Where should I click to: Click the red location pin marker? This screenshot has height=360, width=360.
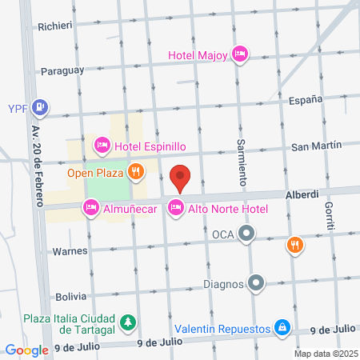[x=181, y=178]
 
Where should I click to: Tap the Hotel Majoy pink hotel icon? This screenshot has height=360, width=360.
[x=239, y=54]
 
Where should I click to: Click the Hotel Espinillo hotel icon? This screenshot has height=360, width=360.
[x=102, y=146]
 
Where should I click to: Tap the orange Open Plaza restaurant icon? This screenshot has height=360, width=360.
[x=137, y=170]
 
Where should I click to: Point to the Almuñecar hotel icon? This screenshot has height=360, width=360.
[x=90, y=209]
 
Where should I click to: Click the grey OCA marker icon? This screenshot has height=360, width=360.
[x=247, y=234]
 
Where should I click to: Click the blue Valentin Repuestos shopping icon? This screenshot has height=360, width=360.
[x=282, y=328]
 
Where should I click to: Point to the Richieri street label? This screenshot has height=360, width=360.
[x=55, y=25]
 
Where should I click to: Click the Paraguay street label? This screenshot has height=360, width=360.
[x=62, y=70]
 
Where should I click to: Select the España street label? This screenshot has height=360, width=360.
[x=305, y=99]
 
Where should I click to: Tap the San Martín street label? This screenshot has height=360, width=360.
[x=315, y=146]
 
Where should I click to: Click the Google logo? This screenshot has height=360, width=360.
[x=27, y=349]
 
